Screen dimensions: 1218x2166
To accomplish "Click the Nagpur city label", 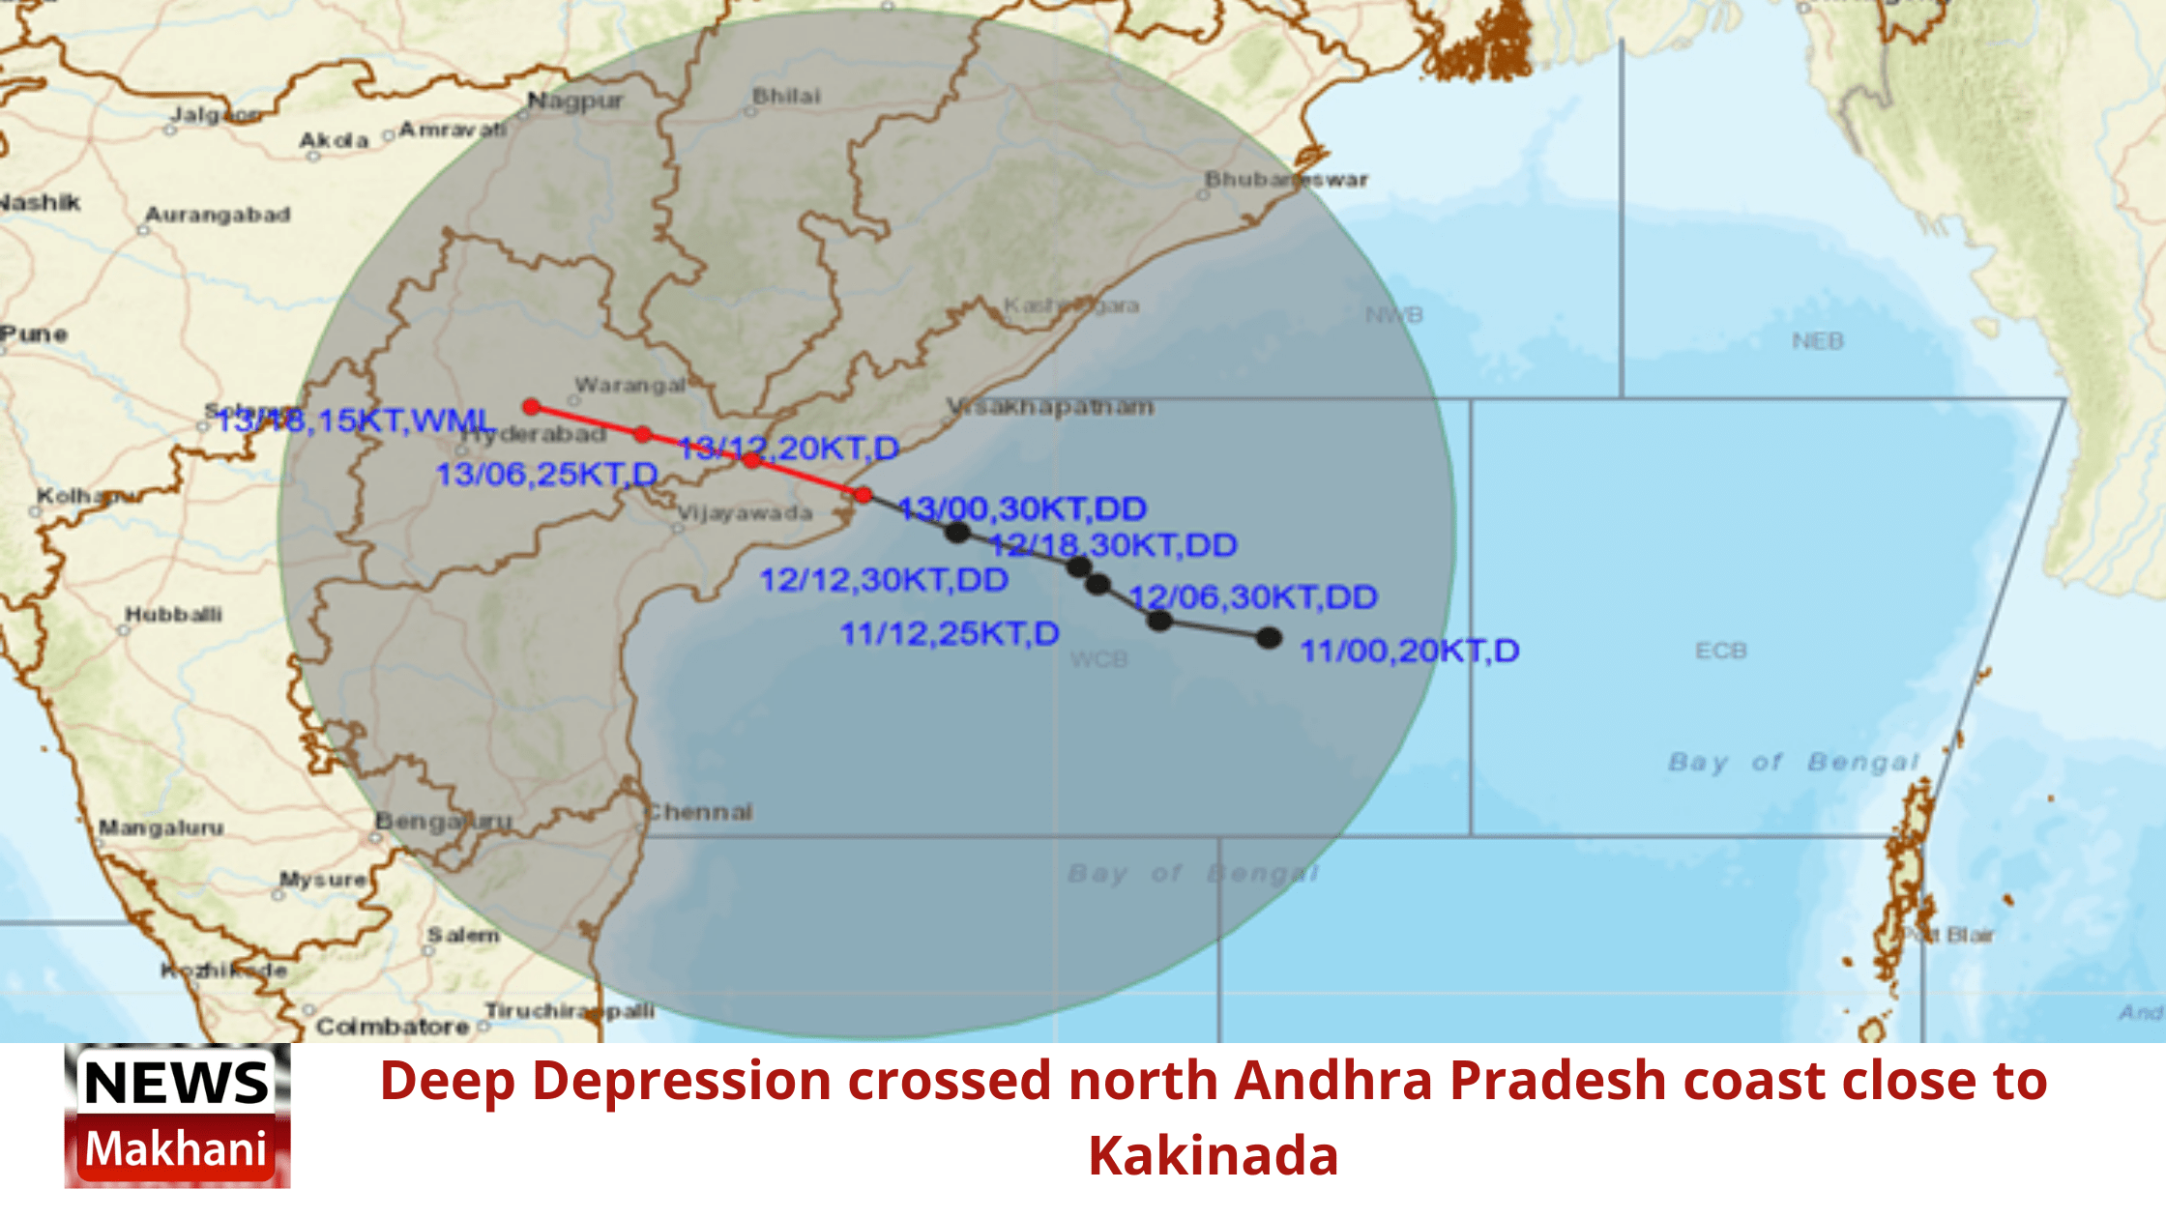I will pyautogui.click(x=575, y=101).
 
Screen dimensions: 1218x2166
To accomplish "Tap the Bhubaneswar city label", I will pyautogui.click(x=1286, y=180).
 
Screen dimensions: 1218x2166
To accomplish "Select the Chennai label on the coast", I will pyautogui.click(x=698, y=812).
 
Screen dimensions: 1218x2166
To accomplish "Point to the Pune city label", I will pyautogui.click(x=34, y=334).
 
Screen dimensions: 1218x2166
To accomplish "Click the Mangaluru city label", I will pyautogui.click(x=161, y=828).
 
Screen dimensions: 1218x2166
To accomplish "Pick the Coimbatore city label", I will pyautogui.click(x=393, y=1027).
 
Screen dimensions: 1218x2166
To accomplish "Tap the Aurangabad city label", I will pyautogui.click(x=218, y=215).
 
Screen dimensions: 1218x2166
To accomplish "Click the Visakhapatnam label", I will pyautogui.click(x=1050, y=407).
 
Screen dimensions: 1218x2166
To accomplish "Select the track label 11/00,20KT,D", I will pyautogui.click(x=1409, y=652).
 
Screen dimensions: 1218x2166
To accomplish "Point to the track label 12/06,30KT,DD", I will pyautogui.click(x=1253, y=597).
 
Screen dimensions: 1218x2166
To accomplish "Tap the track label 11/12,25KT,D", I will pyautogui.click(x=950, y=634).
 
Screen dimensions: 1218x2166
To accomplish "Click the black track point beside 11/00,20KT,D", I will pyautogui.click(x=1269, y=638).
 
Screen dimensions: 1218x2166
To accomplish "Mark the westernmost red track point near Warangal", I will pyautogui.click(x=531, y=407).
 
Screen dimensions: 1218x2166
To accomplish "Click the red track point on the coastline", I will pyautogui.click(x=863, y=495).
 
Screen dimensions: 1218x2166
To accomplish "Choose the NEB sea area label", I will pyautogui.click(x=1817, y=341).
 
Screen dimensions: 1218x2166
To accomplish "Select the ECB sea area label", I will pyautogui.click(x=1720, y=651).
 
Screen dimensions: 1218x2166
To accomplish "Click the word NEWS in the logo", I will pyautogui.click(x=176, y=1083).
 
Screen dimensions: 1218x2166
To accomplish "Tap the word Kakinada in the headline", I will pyautogui.click(x=1214, y=1156).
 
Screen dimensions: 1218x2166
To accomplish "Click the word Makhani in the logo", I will pyautogui.click(x=176, y=1149).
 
